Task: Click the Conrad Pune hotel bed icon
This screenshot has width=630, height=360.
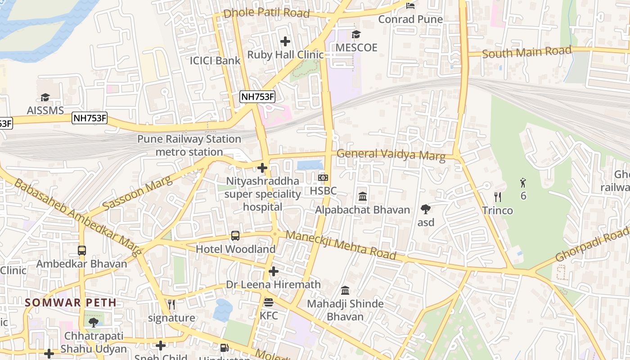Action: click(x=410, y=6)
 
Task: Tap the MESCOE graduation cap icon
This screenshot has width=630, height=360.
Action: click(x=356, y=34)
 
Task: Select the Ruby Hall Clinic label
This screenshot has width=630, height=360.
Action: click(x=285, y=55)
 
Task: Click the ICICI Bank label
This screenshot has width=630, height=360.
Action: click(x=215, y=60)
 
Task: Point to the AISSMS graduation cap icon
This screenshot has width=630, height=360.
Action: click(x=45, y=97)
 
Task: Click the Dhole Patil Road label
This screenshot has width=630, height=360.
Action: click(x=266, y=13)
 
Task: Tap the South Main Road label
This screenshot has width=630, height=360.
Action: click(x=526, y=52)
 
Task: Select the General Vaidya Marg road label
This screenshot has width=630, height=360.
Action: click(x=391, y=155)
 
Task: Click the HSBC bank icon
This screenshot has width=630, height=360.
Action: click(x=323, y=178)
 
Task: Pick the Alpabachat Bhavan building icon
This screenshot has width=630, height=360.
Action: click(x=363, y=197)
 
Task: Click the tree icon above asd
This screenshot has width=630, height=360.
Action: click(x=426, y=209)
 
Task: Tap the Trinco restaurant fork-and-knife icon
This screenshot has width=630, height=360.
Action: click(x=497, y=197)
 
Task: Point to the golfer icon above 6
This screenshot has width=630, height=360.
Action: click(x=523, y=183)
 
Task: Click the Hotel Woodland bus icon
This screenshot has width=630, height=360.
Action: click(x=235, y=236)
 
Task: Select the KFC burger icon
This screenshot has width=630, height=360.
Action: click(x=269, y=302)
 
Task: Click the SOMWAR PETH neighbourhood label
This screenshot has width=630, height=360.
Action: click(x=71, y=302)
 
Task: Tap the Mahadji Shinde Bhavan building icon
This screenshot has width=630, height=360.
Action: click(x=345, y=290)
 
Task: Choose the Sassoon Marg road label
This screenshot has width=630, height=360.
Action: click(x=137, y=194)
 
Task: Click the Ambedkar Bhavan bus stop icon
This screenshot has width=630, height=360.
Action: click(x=82, y=251)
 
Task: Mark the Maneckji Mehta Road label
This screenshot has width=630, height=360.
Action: click(x=341, y=245)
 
